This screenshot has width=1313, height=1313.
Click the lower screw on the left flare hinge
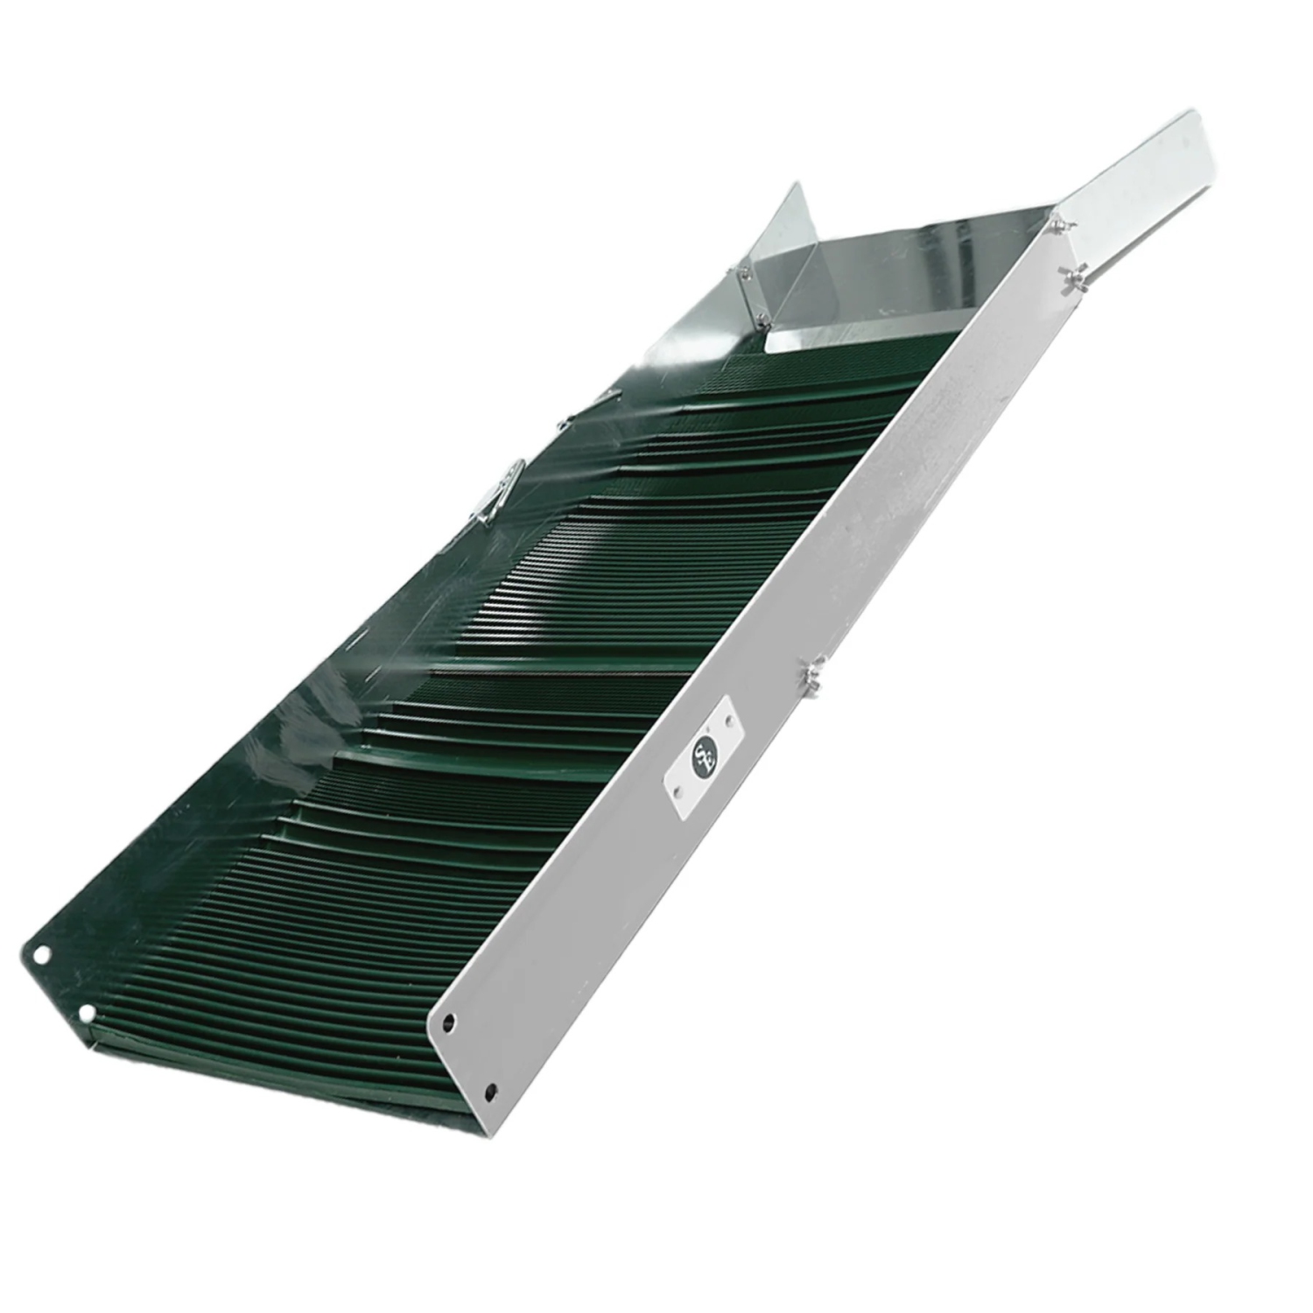pyautogui.click(x=760, y=319)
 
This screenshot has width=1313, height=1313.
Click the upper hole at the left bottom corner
pyautogui.click(x=38, y=952)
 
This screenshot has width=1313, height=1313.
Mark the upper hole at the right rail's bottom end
pyautogui.click(x=449, y=1021)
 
